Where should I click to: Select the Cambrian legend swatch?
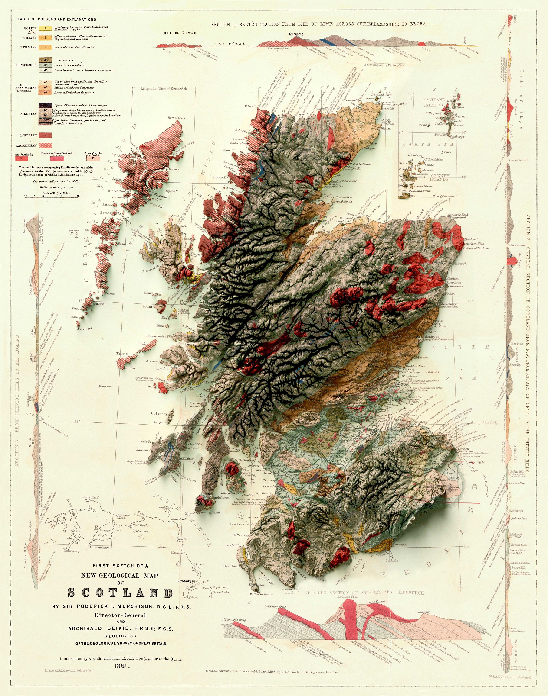tap(46, 135)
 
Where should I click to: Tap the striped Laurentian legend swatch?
tap(46, 145)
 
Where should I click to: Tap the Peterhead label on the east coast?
tap(471, 239)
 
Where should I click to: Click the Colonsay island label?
tap(159, 414)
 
